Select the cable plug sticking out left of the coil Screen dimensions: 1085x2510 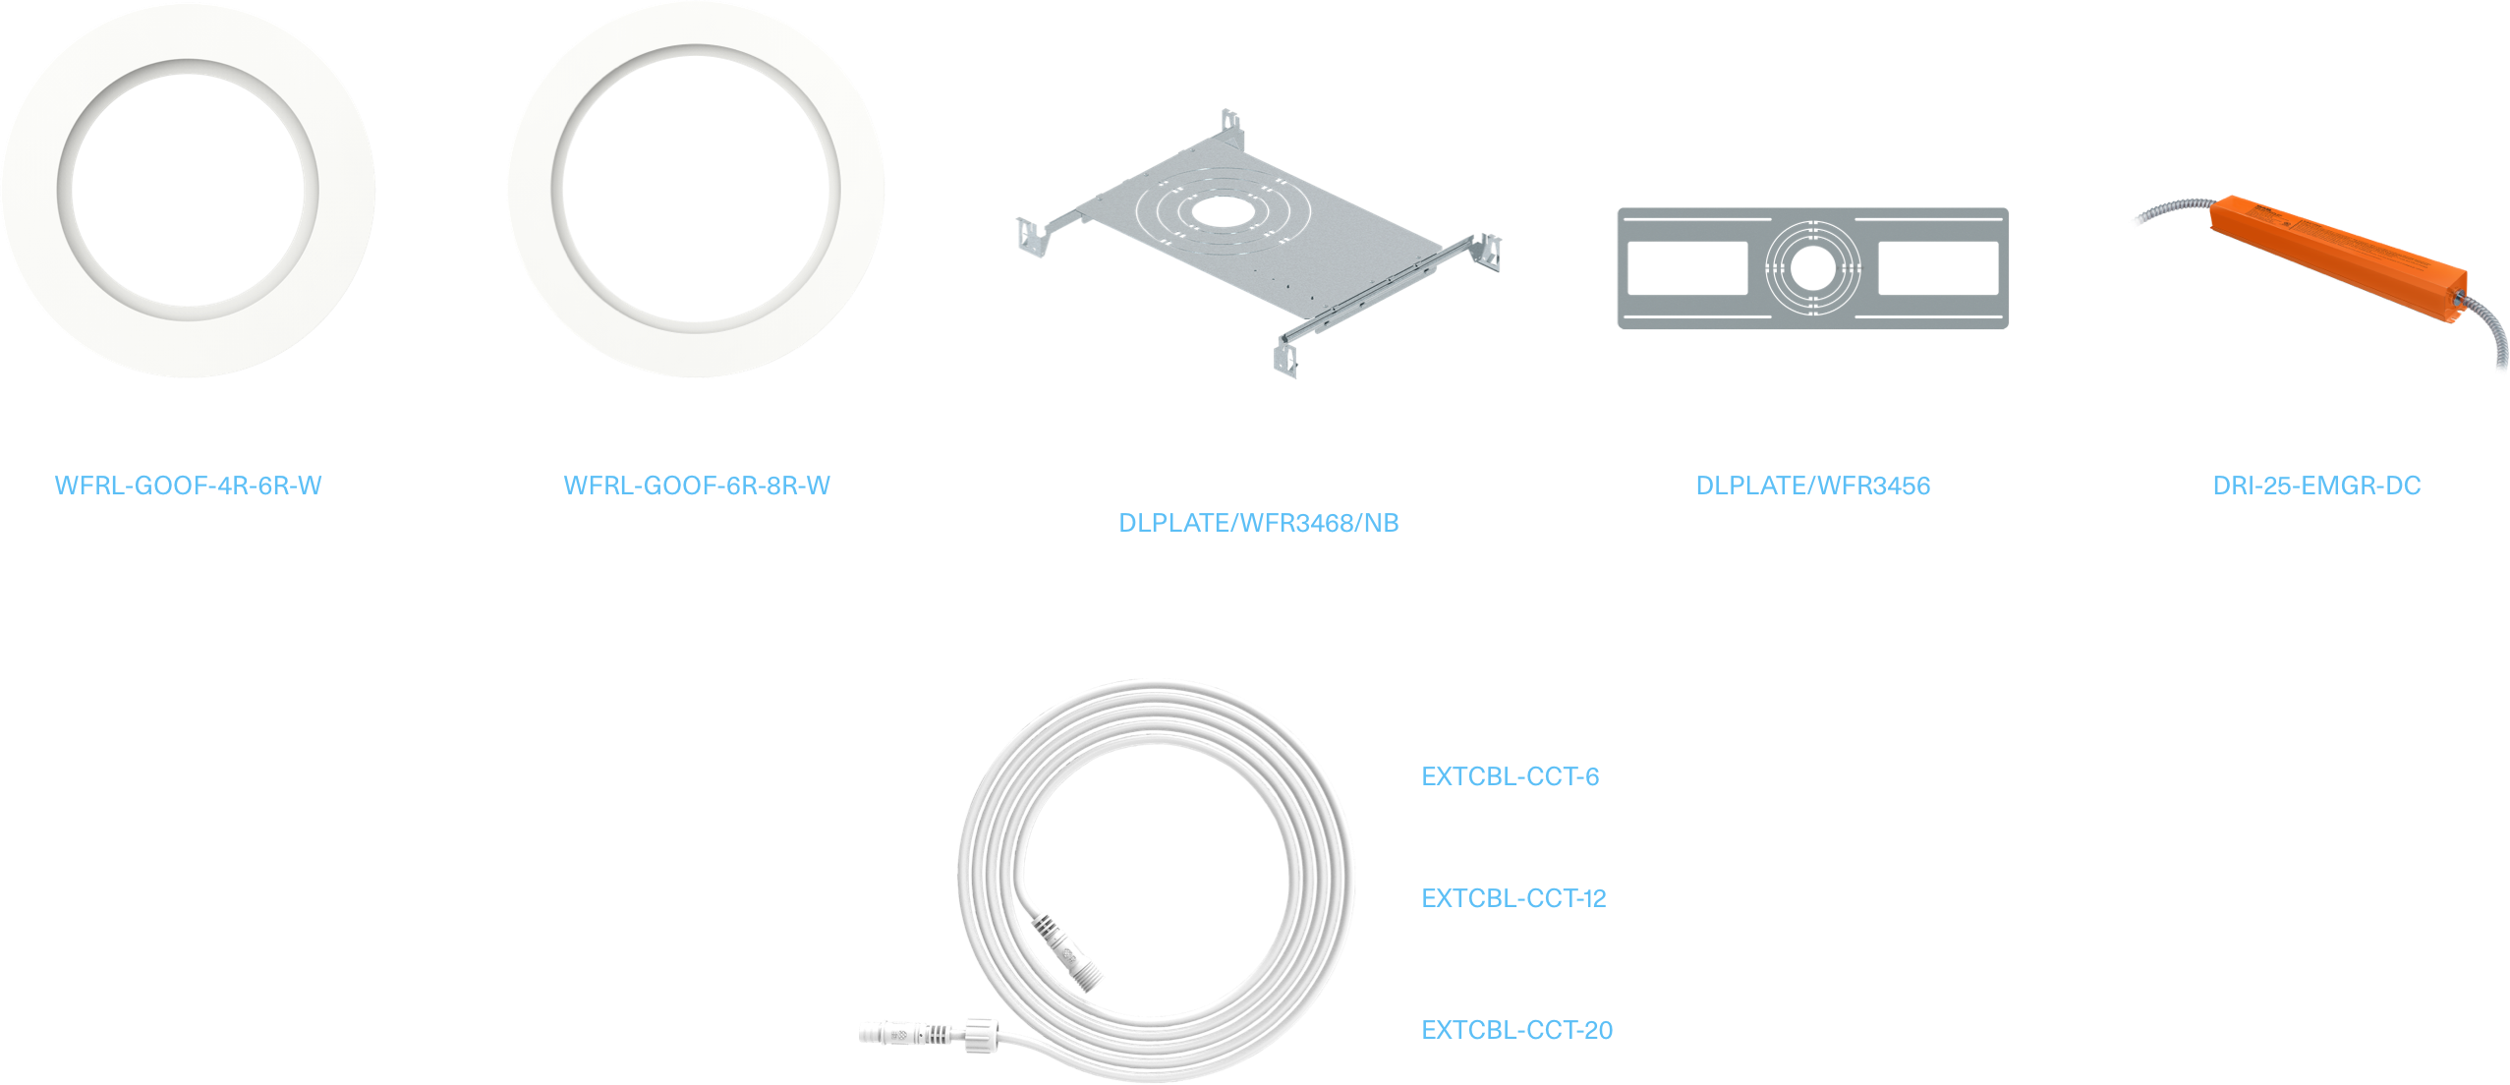coord(889,1033)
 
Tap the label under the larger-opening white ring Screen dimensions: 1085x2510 coord(698,485)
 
